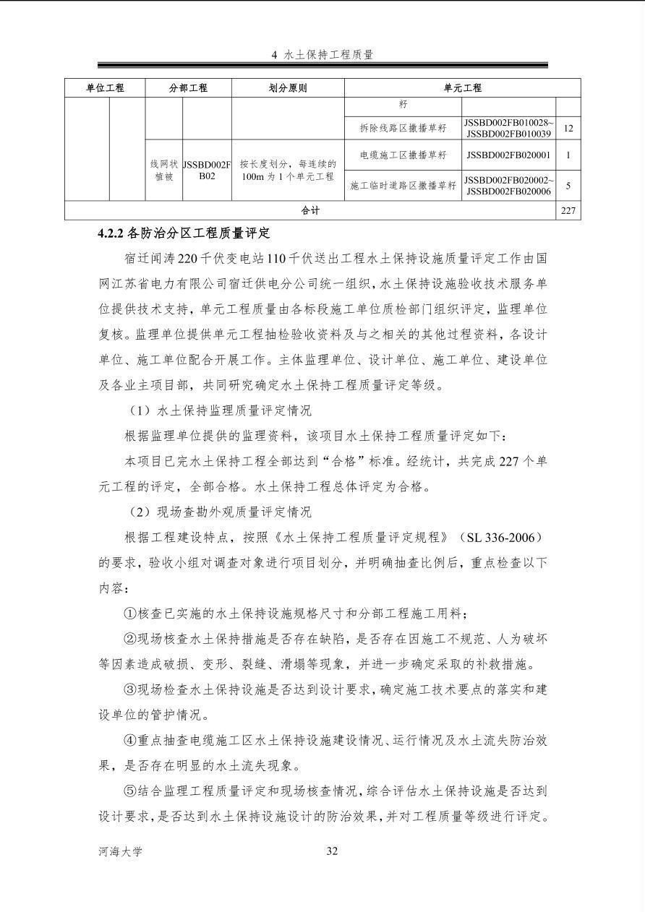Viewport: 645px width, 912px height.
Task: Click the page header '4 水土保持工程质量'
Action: pos(322,54)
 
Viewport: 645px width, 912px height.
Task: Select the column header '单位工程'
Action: pos(105,88)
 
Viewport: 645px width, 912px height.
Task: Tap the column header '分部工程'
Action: pos(188,88)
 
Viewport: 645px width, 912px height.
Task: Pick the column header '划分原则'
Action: pos(287,88)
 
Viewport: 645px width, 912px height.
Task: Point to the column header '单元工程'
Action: pos(462,88)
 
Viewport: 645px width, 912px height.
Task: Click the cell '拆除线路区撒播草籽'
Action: pos(403,129)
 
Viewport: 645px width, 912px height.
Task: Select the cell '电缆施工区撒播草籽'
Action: pos(403,155)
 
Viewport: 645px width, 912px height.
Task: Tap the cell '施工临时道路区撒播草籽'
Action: pos(403,186)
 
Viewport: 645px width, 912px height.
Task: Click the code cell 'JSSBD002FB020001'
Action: pos(508,155)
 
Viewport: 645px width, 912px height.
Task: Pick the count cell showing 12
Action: pos(568,129)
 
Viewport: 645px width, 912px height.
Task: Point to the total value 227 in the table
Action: pos(568,210)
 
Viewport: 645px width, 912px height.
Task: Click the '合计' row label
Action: pos(310,210)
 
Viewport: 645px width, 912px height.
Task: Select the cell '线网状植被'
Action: pos(163,170)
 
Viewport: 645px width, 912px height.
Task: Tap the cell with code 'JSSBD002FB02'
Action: pos(207,170)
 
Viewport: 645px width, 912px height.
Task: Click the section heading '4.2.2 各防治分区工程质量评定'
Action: pos(184,233)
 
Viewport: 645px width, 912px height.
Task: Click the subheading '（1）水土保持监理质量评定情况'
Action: pos(219,410)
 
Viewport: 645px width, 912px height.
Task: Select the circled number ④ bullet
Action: pos(130,741)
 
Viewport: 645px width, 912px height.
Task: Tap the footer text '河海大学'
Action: pos(120,851)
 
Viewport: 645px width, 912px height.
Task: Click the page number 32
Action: pos(332,851)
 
